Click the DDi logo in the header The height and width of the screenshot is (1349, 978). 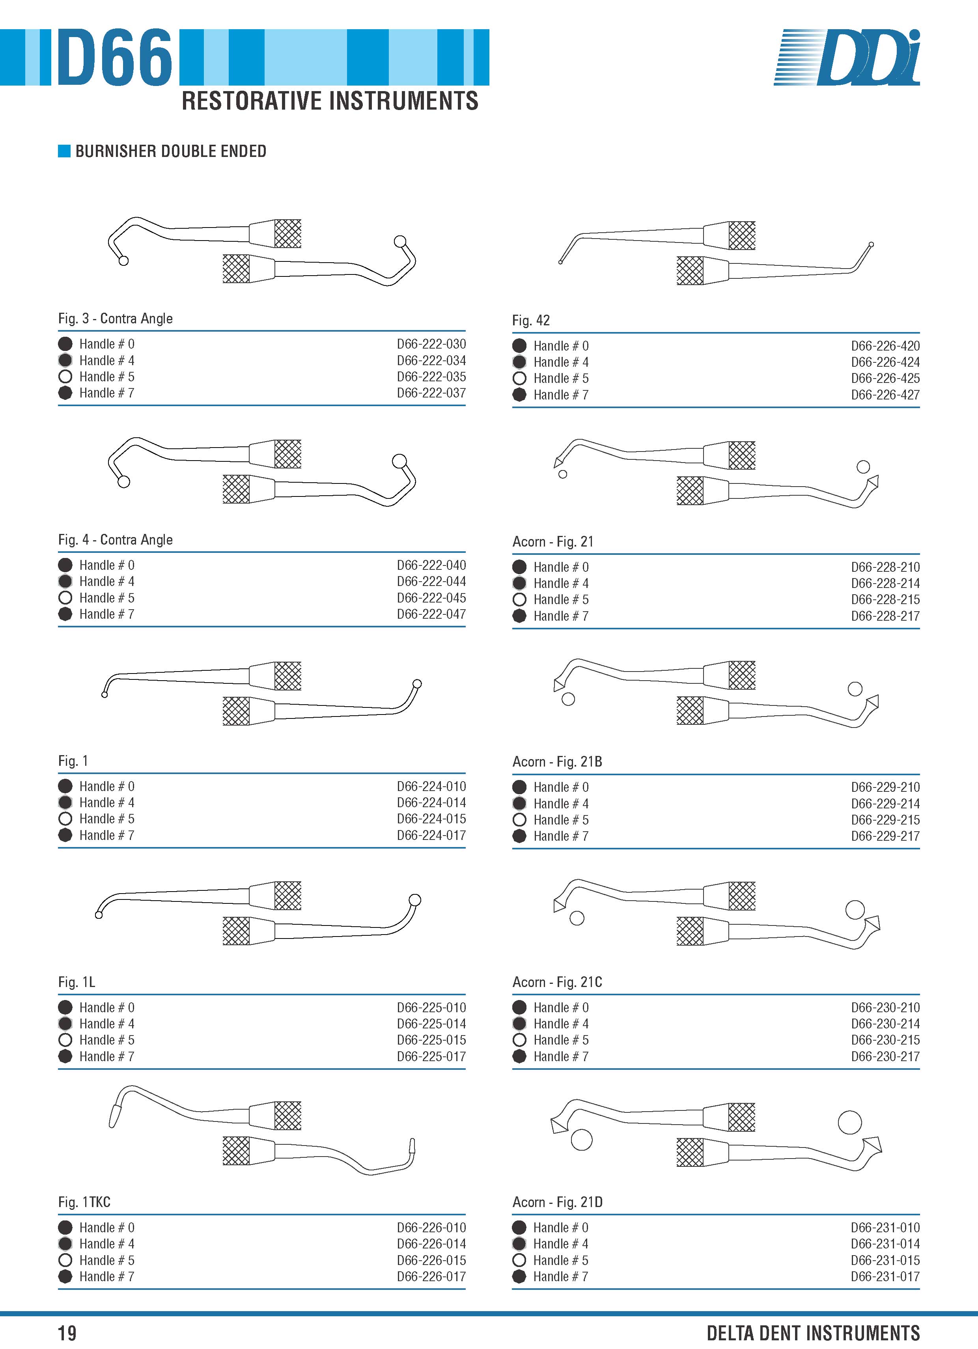pyautogui.click(x=847, y=57)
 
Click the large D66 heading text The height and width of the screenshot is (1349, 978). pyautogui.click(x=115, y=57)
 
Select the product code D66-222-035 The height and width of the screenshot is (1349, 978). pyautogui.click(x=431, y=377)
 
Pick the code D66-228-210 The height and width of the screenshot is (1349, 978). pyautogui.click(x=885, y=567)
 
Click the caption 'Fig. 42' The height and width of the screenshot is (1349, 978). pyautogui.click(x=531, y=320)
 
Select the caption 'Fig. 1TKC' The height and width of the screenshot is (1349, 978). pyautogui.click(x=84, y=1202)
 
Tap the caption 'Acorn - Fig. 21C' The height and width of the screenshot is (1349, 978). pyautogui.click(x=557, y=981)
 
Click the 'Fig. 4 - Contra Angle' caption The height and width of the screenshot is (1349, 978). pyautogui.click(x=116, y=539)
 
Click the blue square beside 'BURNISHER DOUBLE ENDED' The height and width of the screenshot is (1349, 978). pyautogui.click(x=64, y=151)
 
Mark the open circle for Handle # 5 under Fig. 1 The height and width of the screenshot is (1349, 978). pyautogui.click(x=65, y=819)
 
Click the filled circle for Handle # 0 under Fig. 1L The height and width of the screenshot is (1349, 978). pyautogui.click(x=65, y=1007)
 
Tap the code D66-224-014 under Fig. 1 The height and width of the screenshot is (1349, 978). pyautogui.click(x=431, y=802)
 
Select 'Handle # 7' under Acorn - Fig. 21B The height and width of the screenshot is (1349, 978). pyautogui.click(x=561, y=836)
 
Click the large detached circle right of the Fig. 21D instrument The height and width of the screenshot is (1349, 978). pyautogui.click(x=849, y=1122)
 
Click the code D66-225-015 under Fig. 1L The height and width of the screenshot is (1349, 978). pyautogui.click(x=431, y=1040)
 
